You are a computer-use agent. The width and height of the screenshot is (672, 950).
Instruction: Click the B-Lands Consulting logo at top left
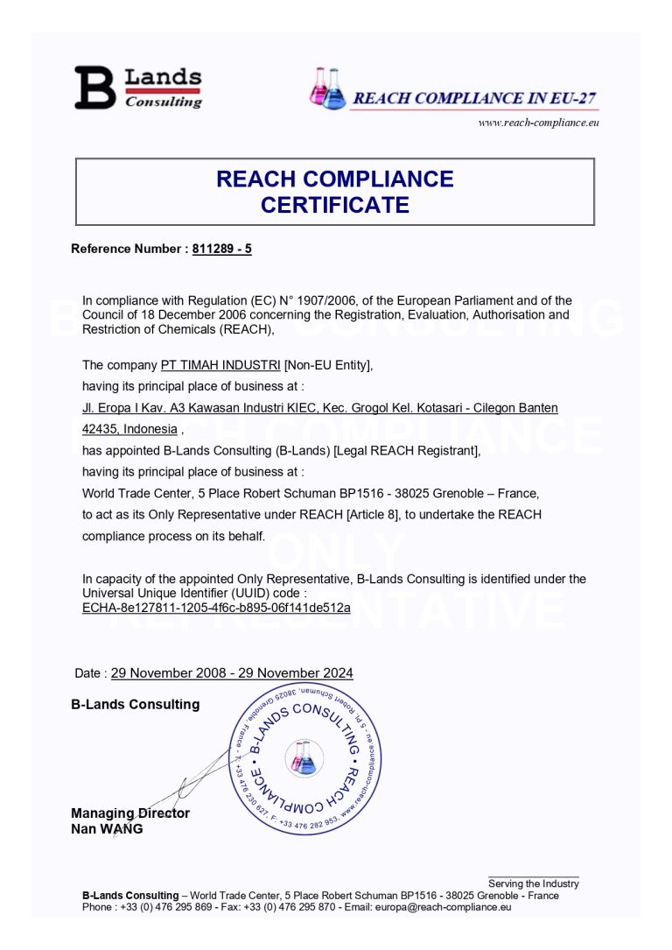(x=137, y=88)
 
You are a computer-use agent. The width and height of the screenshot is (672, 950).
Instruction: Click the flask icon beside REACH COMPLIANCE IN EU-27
(x=328, y=89)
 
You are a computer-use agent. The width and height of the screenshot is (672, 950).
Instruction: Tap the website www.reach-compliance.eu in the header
(x=537, y=123)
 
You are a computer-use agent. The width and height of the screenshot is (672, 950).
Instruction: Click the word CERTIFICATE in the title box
(x=334, y=205)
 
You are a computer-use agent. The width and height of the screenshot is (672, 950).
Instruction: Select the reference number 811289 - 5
(x=221, y=249)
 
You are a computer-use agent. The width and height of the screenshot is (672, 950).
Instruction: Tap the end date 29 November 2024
(x=292, y=673)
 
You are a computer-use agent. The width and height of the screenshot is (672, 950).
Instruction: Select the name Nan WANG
(x=107, y=829)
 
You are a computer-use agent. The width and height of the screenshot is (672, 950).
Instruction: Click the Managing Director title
(x=129, y=813)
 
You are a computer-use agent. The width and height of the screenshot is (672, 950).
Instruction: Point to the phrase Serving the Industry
(x=533, y=883)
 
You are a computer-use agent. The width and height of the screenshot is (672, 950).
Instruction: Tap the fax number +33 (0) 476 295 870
(x=290, y=907)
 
